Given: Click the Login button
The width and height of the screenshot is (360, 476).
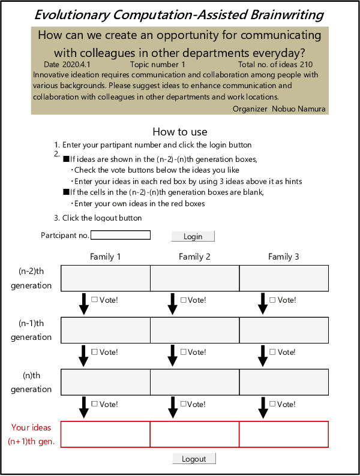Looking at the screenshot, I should (x=193, y=236).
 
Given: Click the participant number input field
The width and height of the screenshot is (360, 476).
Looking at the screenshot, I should (x=120, y=236).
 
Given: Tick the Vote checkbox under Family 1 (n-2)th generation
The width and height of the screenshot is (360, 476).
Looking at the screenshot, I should (x=94, y=300).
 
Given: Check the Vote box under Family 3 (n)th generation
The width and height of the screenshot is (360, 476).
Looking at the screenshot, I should (x=273, y=404).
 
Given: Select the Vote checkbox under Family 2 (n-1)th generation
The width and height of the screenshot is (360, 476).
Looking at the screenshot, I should (x=184, y=352).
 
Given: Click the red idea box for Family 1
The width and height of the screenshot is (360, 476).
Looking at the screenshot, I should (x=105, y=434).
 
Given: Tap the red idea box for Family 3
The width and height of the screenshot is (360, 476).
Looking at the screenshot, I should (x=284, y=434).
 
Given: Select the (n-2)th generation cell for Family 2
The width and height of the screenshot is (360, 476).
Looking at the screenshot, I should (x=194, y=278).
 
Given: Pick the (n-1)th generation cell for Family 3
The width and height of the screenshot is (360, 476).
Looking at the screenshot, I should (x=284, y=330).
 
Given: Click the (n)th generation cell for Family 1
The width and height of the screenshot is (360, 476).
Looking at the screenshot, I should (x=105, y=382).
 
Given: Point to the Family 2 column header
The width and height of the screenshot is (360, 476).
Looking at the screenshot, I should (x=194, y=257).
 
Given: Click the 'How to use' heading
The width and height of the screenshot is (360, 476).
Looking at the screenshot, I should (x=180, y=132).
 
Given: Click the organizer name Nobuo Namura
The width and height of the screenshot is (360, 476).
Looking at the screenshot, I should (x=298, y=109).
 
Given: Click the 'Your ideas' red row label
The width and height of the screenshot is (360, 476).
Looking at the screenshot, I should (x=31, y=427).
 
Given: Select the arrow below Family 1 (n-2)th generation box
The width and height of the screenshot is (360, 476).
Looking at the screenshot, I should (x=83, y=303).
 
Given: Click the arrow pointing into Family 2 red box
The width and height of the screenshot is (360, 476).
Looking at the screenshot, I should (x=173, y=407).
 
